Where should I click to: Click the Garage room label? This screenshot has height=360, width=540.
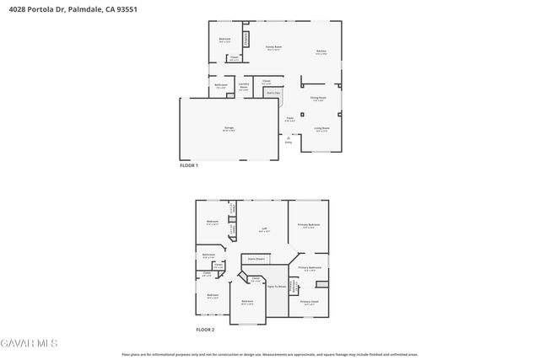[x=229, y=128]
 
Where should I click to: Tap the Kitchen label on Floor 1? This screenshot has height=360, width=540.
[x=321, y=51]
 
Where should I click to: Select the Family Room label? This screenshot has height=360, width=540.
[x=274, y=48]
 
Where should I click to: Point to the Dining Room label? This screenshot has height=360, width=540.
[x=318, y=99]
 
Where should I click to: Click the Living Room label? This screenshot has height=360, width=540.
[x=321, y=129]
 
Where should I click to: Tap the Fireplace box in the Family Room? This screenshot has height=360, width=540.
[x=246, y=39]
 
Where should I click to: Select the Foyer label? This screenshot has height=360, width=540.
[x=289, y=119]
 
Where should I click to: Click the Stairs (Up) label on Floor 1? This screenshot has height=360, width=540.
[x=272, y=93]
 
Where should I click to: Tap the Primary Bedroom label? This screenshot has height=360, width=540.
[x=308, y=225]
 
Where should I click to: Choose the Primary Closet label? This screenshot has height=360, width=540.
[x=309, y=301]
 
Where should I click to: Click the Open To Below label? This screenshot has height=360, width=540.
[x=276, y=287]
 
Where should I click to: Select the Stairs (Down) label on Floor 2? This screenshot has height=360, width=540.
[x=256, y=259]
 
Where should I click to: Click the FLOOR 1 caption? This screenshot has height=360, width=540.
[x=189, y=165]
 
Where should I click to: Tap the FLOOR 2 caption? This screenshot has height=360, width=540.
[x=205, y=329]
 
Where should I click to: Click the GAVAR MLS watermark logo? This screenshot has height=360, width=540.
[x=29, y=343]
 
